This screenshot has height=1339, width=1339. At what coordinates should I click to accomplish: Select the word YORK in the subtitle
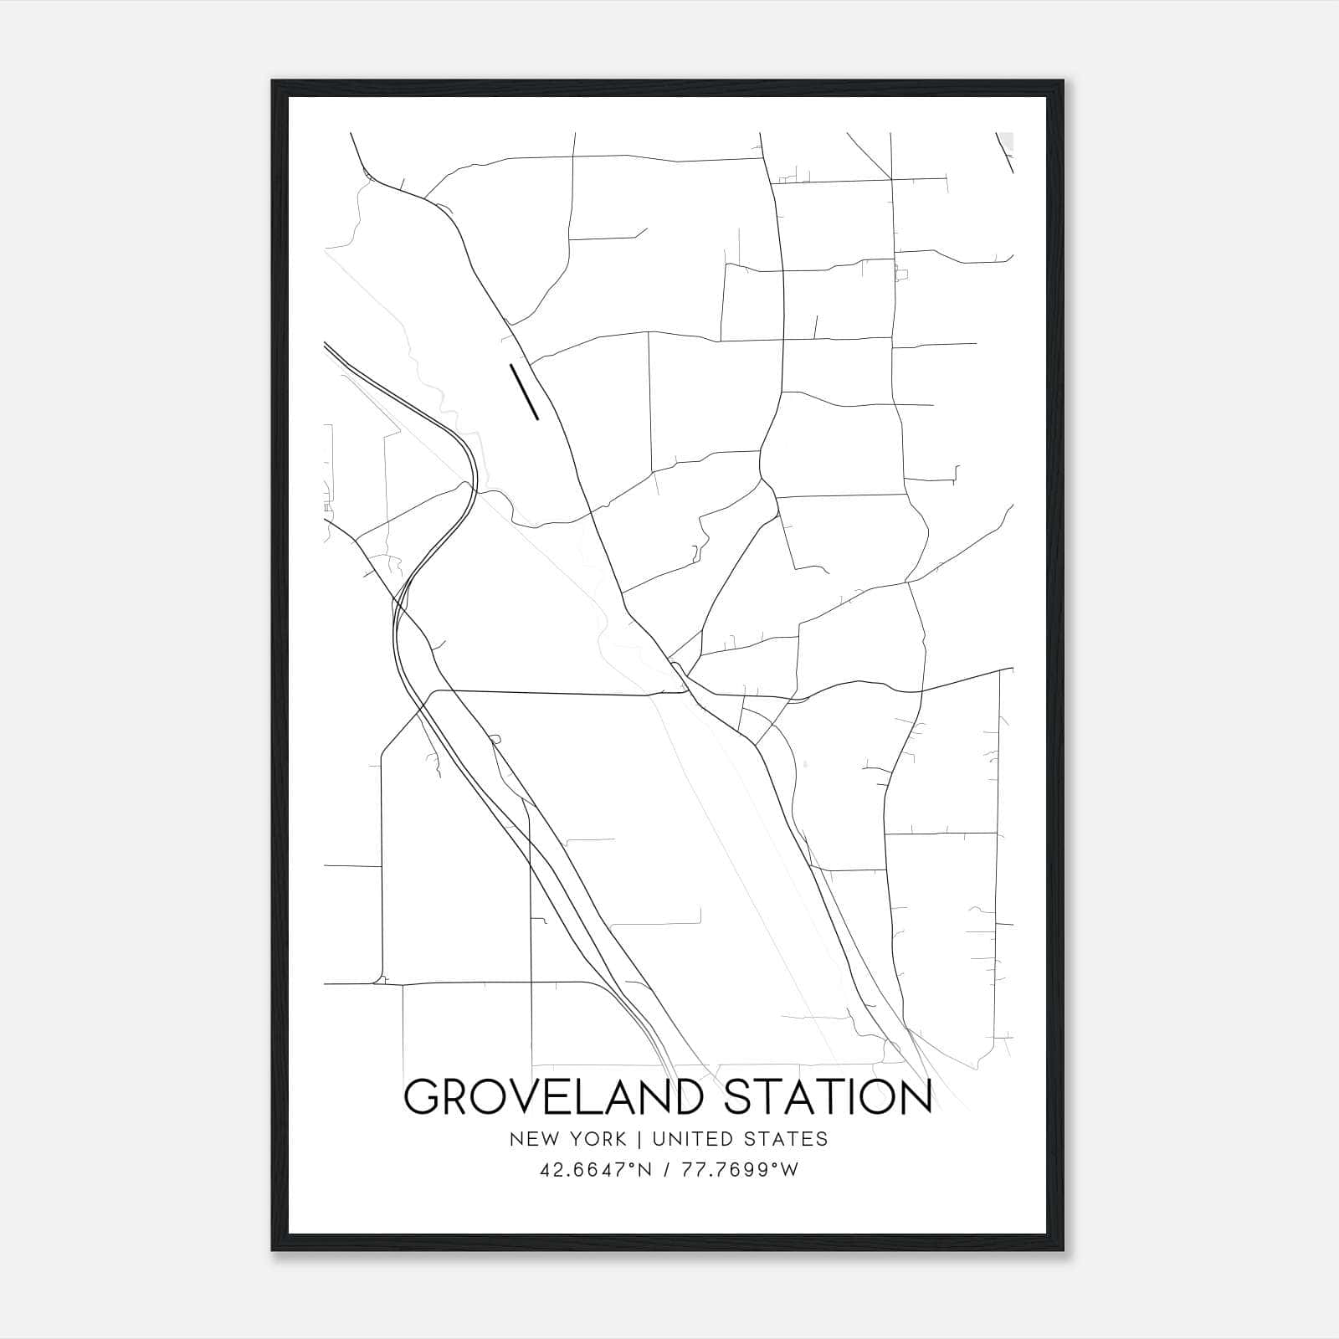pyautogui.click(x=598, y=1139)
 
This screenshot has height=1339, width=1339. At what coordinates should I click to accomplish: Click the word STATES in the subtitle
pyautogui.click(x=787, y=1139)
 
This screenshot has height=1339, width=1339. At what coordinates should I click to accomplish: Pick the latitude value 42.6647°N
pyautogui.click(x=594, y=1170)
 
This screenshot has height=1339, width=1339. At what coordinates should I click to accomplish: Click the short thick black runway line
pyautogui.click(x=524, y=391)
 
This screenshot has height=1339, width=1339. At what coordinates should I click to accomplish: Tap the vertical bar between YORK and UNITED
pyautogui.click(x=639, y=1139)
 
